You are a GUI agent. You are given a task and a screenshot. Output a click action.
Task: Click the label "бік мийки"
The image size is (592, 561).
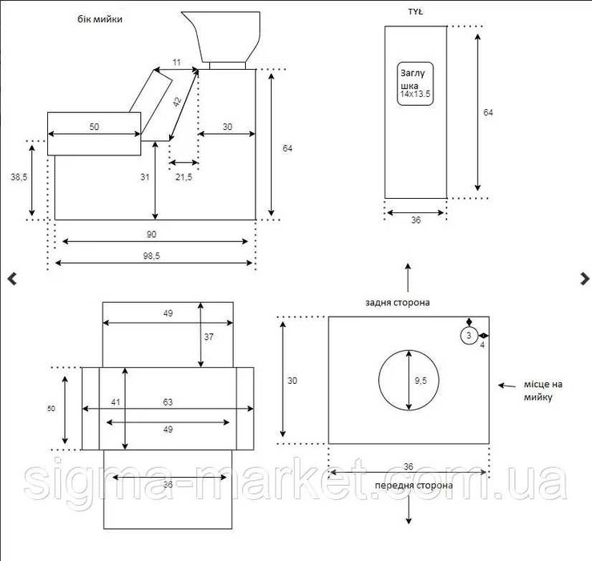pos(99,19)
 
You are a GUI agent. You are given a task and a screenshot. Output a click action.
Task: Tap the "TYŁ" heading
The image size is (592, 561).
pos(415,12)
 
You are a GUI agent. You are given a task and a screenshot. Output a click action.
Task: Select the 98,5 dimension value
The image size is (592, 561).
pos(151,256)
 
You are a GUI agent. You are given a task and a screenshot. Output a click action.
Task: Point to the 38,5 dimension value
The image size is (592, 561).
pos(19,176)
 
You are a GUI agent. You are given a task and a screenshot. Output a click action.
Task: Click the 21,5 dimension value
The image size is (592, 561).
pos(183,176)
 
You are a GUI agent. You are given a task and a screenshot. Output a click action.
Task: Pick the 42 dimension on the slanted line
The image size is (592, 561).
pos(178,102)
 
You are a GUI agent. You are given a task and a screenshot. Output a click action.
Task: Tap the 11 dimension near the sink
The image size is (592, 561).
pos(176,62)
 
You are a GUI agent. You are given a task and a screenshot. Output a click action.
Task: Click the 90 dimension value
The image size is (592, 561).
pos(151,234)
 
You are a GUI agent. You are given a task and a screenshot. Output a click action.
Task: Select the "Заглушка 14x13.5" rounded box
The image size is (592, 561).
pos(415,83)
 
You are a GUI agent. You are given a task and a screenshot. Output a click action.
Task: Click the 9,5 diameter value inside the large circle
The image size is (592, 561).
pos(421,381)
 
